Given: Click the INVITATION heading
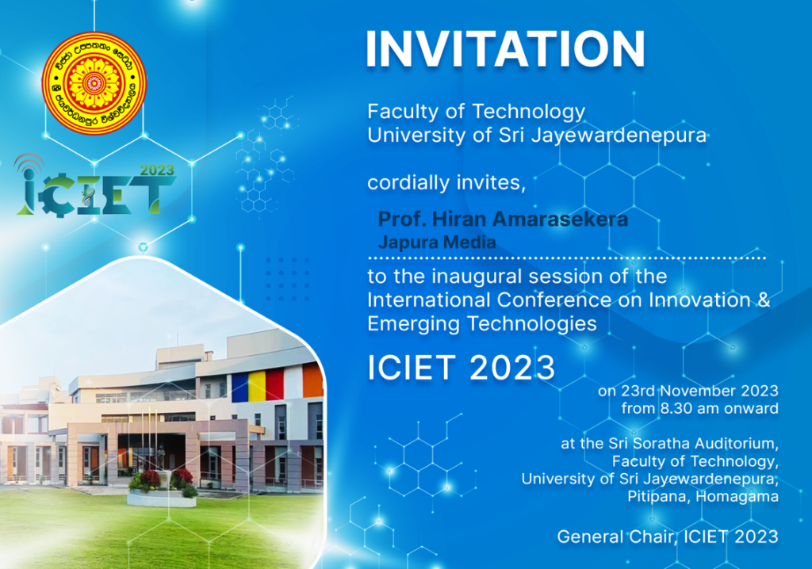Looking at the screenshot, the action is [x=505, y=48].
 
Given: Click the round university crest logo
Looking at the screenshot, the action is [x=94, y=83].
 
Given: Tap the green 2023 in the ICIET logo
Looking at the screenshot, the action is [x=157, y=170].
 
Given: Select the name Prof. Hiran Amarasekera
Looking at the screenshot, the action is [x=503, y=219].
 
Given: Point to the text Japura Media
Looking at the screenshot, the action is [x=437, y=242].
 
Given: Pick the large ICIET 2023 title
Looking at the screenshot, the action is [x=461, y=368].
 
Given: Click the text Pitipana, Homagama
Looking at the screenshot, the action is [x=703, y=497].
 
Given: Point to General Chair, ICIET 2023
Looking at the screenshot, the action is [x=668, y=537].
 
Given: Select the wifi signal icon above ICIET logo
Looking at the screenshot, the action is [x=29, y=163].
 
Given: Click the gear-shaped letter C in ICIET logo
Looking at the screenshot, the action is [x=57, y=197].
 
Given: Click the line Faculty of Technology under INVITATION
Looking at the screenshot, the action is [x=476, y=112].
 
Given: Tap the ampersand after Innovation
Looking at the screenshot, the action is [x=764, y=300].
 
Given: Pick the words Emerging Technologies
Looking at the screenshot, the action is [x=482, y=324].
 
